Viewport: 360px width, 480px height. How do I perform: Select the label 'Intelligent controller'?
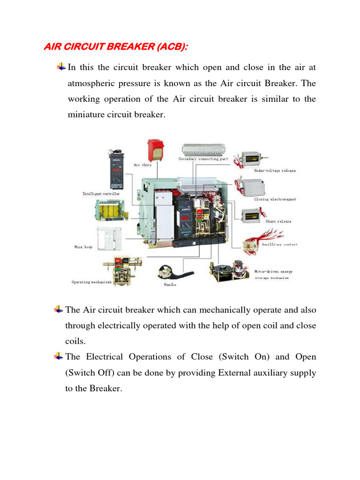[x=101, y=193]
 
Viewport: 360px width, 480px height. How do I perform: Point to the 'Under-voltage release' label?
[x=275, y=171]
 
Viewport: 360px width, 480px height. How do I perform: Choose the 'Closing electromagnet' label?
[x=275, y=199]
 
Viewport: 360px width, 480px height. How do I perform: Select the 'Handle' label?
[x=169, y=285]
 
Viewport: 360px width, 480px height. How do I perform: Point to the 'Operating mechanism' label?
[x=91, y=282]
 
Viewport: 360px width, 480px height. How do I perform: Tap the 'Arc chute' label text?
[x=142, y=165]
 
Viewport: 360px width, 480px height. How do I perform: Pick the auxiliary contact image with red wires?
[x=263, y=242]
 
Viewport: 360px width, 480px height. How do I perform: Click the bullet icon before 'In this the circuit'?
[x=61, y=67]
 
